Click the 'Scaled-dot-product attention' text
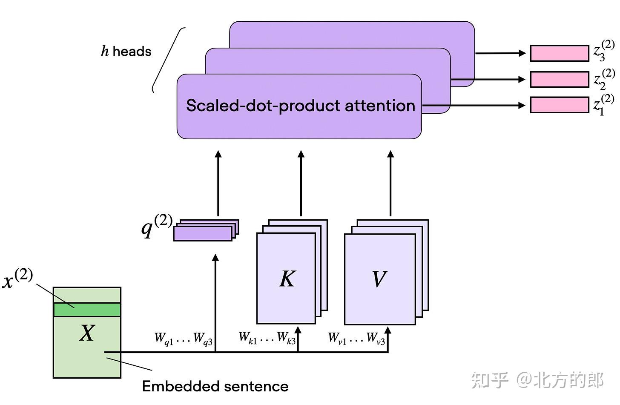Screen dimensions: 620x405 [301, 106]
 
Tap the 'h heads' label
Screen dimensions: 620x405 [126, 52]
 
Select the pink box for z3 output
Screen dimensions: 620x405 [560, 53]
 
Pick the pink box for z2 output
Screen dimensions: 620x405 [560, 80]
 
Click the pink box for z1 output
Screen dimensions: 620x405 [560, 105]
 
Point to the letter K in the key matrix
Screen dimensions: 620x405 [287, 279]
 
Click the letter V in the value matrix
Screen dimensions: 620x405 [379, 279]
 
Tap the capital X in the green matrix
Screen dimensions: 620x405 [87, 333]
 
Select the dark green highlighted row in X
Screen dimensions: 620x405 [87, 310]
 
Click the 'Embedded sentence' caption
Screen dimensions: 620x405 [215, 386]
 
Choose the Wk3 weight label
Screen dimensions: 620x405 [287, 338]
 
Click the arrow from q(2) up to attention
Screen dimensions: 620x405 [218, 183]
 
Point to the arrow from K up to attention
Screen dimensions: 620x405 [301, 183]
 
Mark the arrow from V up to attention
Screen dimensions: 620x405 [390, 183]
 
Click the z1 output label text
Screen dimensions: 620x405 [603, 105]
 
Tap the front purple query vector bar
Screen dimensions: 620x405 [203, 234]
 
